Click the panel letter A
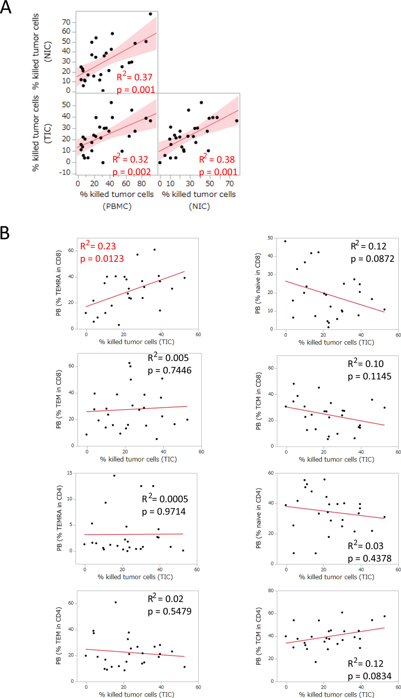(5, 7)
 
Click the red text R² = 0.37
(135, 77)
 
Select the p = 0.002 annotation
(132, 172)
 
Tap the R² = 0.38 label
(217, 159)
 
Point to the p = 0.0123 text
(102, 259)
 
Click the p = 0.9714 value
(164, 511)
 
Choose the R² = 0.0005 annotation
(165, 499)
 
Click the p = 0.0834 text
(369, 676)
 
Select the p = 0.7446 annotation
(169, 370)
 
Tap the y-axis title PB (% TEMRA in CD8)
(59, 283)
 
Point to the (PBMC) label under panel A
(117, 206)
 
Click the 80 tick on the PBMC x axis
(141, 184)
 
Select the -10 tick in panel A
(65, 173)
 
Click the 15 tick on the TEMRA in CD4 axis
(69, 473)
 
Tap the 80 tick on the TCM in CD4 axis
(271, 590)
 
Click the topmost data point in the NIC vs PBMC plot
(150, 14)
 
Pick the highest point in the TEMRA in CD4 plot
(114, 475)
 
